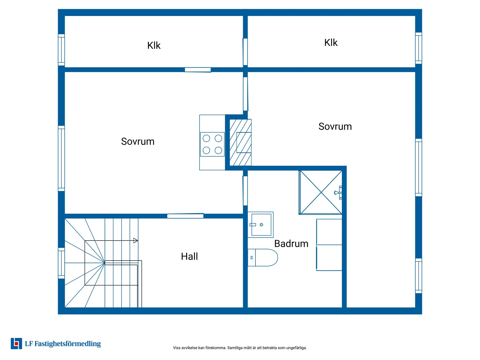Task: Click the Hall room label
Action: (189, 256)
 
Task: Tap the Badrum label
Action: (291, 243)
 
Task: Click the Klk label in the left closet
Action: (154, 45)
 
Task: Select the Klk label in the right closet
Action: (331, 42)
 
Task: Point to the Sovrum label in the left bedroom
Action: (138, 141)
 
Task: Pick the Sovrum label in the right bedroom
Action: (335, 126)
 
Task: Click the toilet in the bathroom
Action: (262, 257)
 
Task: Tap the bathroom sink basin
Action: (261, 225)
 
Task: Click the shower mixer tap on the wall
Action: (338, 193)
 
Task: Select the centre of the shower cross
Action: (321, 192)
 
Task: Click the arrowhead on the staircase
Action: (135, 240)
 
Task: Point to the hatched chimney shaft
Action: (240, 142)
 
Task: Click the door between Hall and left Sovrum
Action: (185, 216)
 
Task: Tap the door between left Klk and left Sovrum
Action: (198, 70)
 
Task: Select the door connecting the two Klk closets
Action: (245, 52)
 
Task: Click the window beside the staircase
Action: (61, 263)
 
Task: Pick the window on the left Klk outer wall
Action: (61, 50)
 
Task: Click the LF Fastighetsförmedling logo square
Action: (16, 343)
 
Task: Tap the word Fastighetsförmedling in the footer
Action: (67, 344)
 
